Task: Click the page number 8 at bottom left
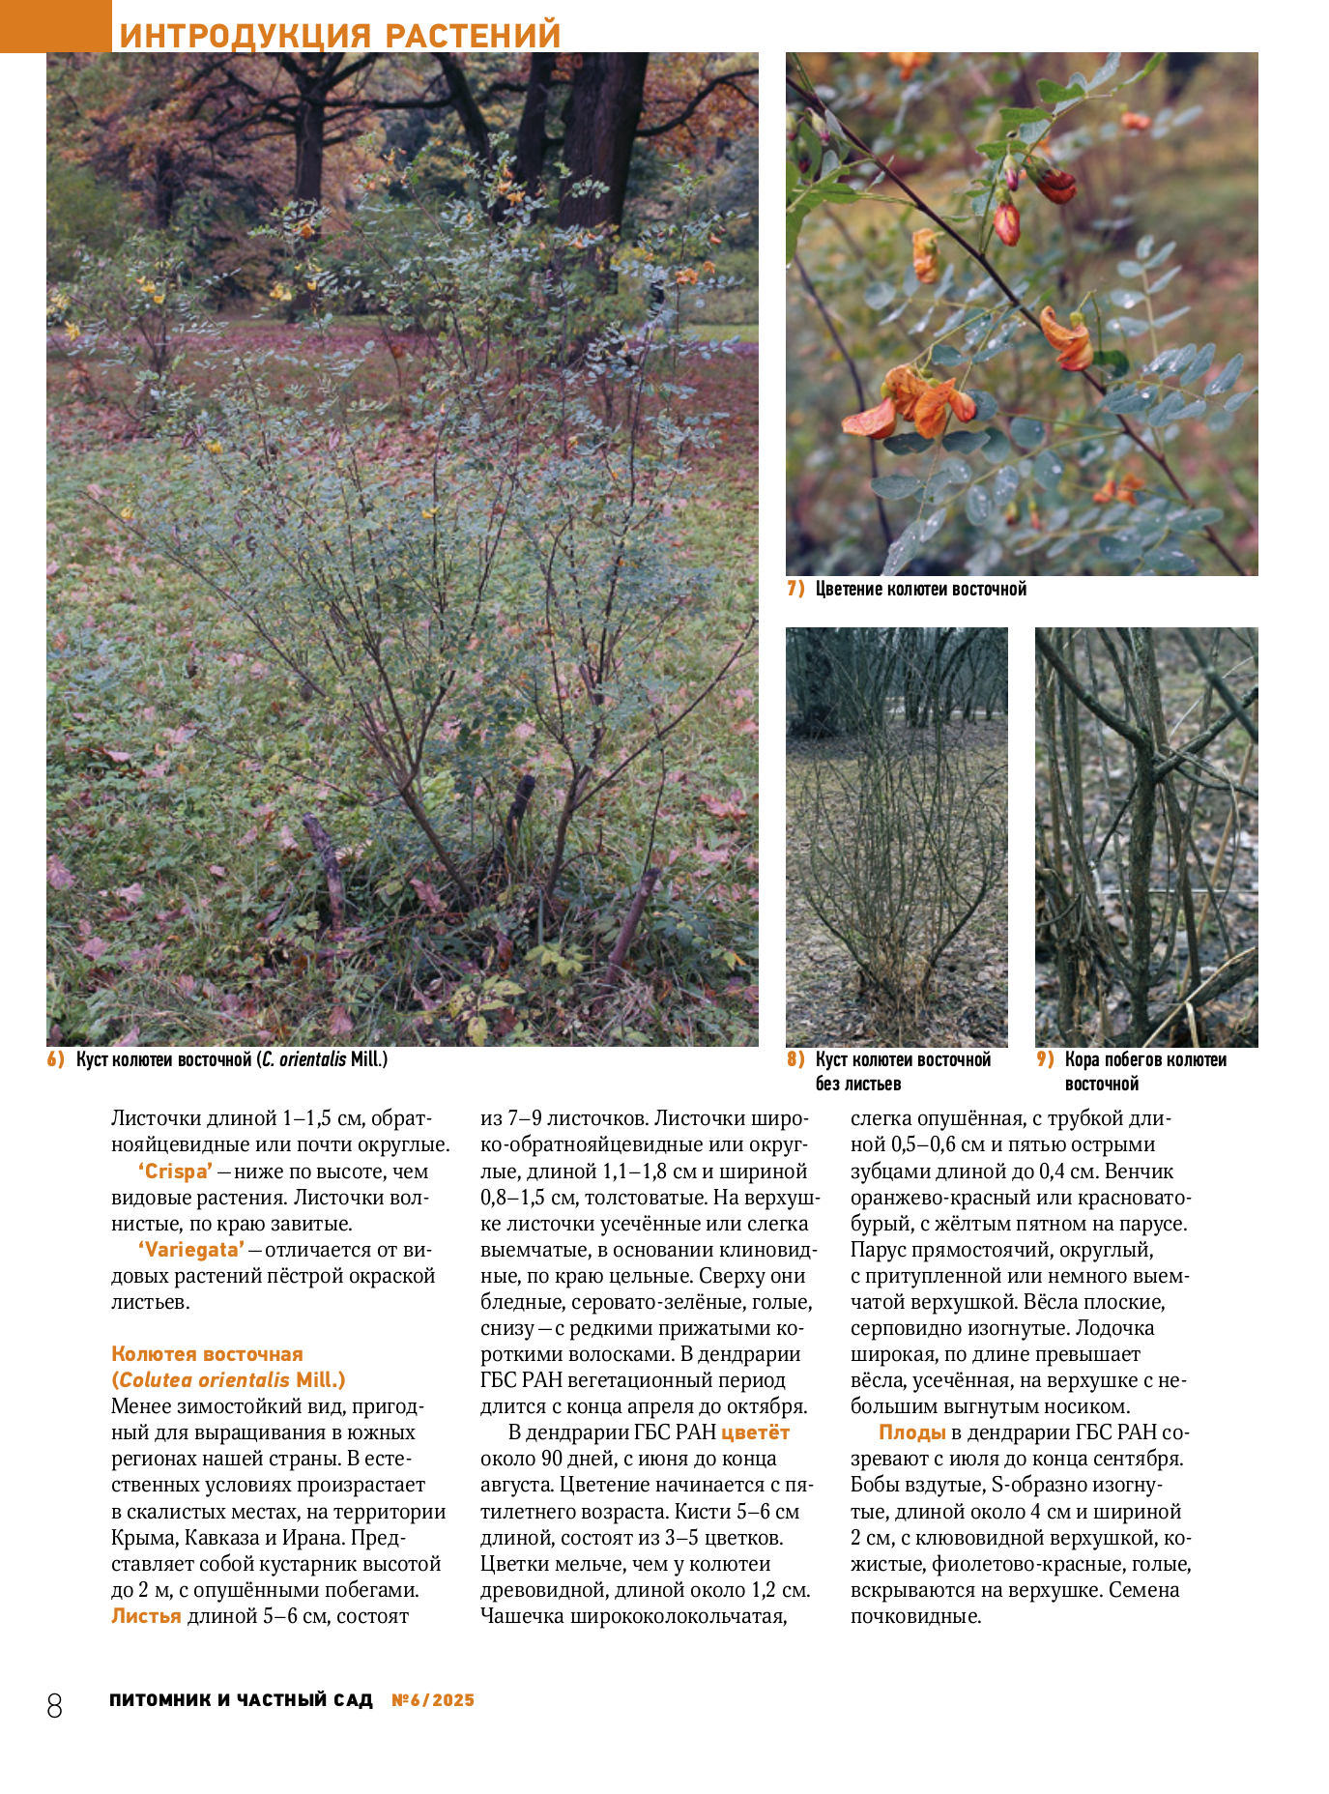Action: (x=54, y=1705)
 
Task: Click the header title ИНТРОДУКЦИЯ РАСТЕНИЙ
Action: (x=339, y=35)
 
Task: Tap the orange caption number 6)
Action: (x=56, y=1058)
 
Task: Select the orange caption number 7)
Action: (x=795, y=589)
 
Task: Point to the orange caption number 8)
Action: (x=795, y=1059)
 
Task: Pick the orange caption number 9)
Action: (x=1045, y=1059)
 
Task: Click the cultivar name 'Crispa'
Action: (x=175, y=1172)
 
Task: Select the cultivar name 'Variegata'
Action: (x=191, y=1250)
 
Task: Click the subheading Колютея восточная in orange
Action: (x=207, y=1354)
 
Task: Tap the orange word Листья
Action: (x=146, y=1616)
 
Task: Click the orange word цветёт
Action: (x=755, y=1432)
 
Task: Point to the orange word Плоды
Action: (x=911, y=1432)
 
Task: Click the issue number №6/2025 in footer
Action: (x=433, y=1700)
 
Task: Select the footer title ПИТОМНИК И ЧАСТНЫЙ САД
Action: (x=241, y=1700)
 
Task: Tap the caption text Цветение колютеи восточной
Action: (x=920, y=589)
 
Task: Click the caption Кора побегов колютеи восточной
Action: (x=1145, y=1071)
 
